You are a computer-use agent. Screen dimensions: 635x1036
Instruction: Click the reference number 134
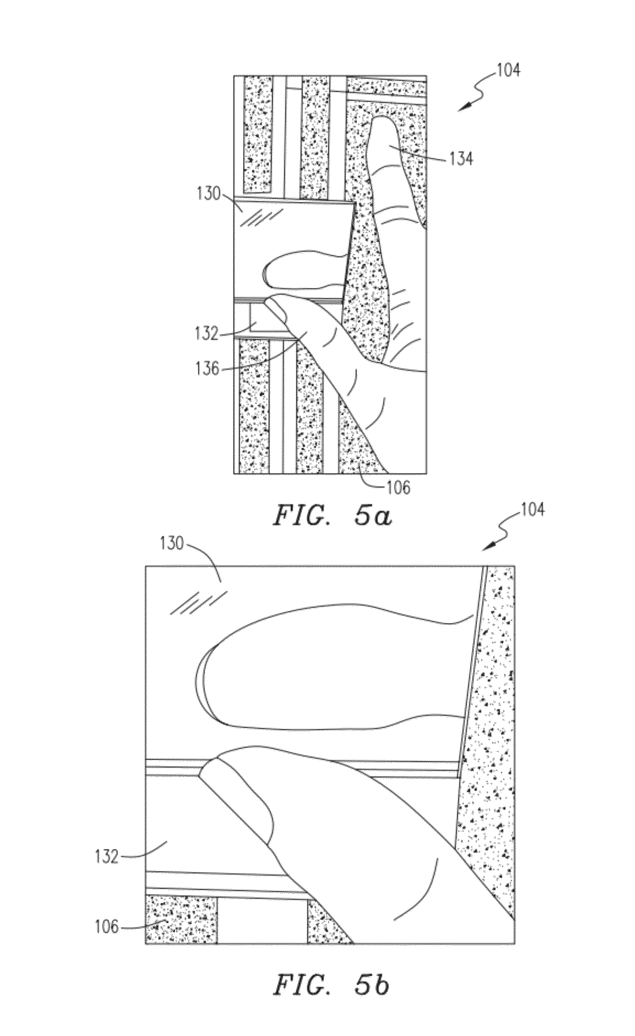pos(461,159)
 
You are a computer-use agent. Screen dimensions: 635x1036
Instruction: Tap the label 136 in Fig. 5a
pos(207,369)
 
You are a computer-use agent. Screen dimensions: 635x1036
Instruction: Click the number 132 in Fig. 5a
pos(207,334)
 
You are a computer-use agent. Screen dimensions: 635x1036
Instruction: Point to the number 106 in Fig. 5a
pos(398,487)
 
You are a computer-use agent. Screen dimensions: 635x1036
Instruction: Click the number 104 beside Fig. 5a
pos(508,70)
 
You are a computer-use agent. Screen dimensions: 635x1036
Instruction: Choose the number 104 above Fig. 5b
pos(532,510)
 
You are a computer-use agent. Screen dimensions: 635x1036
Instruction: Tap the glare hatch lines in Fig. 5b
pos(199,603)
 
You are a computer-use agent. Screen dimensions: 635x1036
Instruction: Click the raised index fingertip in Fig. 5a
pos(382,124)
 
